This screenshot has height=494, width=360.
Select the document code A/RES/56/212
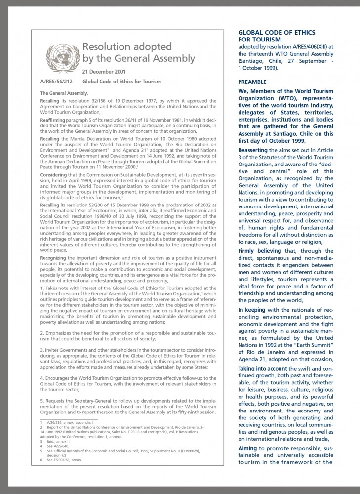click(56, 82)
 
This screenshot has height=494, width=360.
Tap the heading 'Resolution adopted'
click(127, 47)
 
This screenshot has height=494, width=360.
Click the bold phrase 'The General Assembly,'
click(64, 93)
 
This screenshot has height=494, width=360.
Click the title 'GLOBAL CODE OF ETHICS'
click(277, 33)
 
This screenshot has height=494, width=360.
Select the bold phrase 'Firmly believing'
click(261, 251)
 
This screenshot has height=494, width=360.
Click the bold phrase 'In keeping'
click(252, 310)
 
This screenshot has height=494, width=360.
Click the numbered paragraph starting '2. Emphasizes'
click(128, 335)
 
